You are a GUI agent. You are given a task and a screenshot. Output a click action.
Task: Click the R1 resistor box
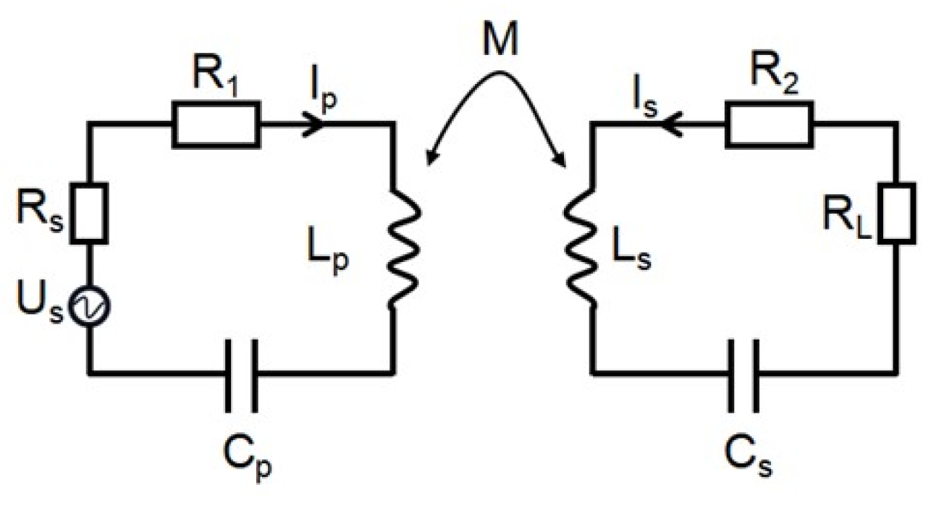(215, 125)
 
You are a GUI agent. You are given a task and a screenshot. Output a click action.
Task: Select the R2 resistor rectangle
(769, 124)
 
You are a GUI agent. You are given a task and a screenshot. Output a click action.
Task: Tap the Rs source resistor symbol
(92, 212)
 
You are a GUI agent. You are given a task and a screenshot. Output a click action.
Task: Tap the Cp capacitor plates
(240, 374)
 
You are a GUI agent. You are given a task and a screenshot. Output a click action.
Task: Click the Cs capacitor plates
(745, 374)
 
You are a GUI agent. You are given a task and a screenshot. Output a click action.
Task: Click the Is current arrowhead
(670, 125)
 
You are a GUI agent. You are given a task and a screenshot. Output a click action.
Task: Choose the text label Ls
(634, 258)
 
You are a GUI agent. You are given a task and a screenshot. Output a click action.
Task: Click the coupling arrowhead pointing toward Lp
(432, 161)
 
